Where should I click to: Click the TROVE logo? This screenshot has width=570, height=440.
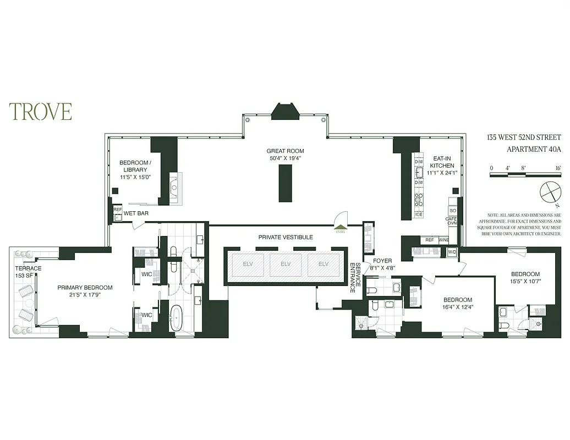pyautogui.click(x=40, y=111)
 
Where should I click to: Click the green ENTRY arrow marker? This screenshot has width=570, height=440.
pyautogui.click(x=341, y=227)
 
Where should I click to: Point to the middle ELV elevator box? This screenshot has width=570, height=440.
pyautogui.click(x=286, y=264)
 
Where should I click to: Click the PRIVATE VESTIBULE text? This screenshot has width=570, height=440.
pyautogui.click(x=286, y=237)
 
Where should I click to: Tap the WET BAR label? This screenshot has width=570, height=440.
pyautogui.click(x=135, y=213)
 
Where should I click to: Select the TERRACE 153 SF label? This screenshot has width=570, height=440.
pyautogui.click(x=28, y=272)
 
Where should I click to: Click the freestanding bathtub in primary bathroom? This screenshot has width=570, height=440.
pyautogui.click(x=176, y=319)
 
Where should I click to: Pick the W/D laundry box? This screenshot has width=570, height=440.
pyautogui.click(x=452, y=252)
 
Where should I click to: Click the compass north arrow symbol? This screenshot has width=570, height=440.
pyautogui.click(x=549, y=194)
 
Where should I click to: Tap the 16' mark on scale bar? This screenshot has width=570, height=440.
pyautogui.click(x=557, y=168)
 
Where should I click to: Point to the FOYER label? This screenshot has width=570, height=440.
pyautogui.click(x=382, y=261)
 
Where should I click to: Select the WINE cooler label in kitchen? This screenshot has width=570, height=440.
pyautogui.click(x=443, y=240)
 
